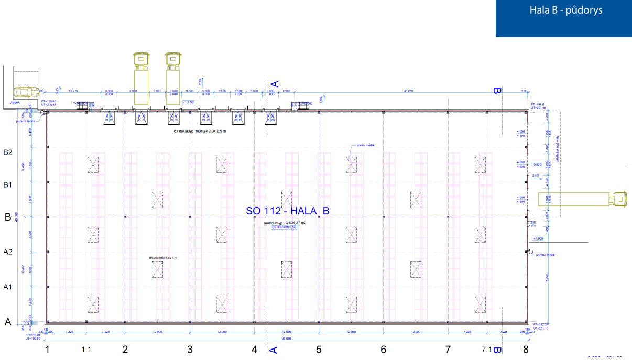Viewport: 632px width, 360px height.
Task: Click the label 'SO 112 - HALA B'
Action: tap(287, 211)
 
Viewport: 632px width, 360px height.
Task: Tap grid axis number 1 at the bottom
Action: tap(48, 350)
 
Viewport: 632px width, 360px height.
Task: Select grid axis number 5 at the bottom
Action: tap(319, 350)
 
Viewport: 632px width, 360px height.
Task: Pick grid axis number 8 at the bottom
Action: tap(526, 350)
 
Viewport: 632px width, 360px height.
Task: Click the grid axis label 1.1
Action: tap(86, 350)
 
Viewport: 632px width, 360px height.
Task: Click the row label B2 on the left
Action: tap(8, 152)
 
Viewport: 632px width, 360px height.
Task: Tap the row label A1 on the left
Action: tap(8, 287)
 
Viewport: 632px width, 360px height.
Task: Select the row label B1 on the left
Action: tap(8, 185)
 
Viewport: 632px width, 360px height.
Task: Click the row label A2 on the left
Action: tap(8, 252)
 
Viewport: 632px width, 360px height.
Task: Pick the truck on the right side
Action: tap(582, 200)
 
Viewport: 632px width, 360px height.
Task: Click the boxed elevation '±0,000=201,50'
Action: tap(284, 227)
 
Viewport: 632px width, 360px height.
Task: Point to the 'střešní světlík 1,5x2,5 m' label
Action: tap(162, 258)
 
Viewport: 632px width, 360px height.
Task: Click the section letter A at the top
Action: tap(274, 83)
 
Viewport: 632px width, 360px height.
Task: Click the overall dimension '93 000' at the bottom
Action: tap(286, 339)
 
